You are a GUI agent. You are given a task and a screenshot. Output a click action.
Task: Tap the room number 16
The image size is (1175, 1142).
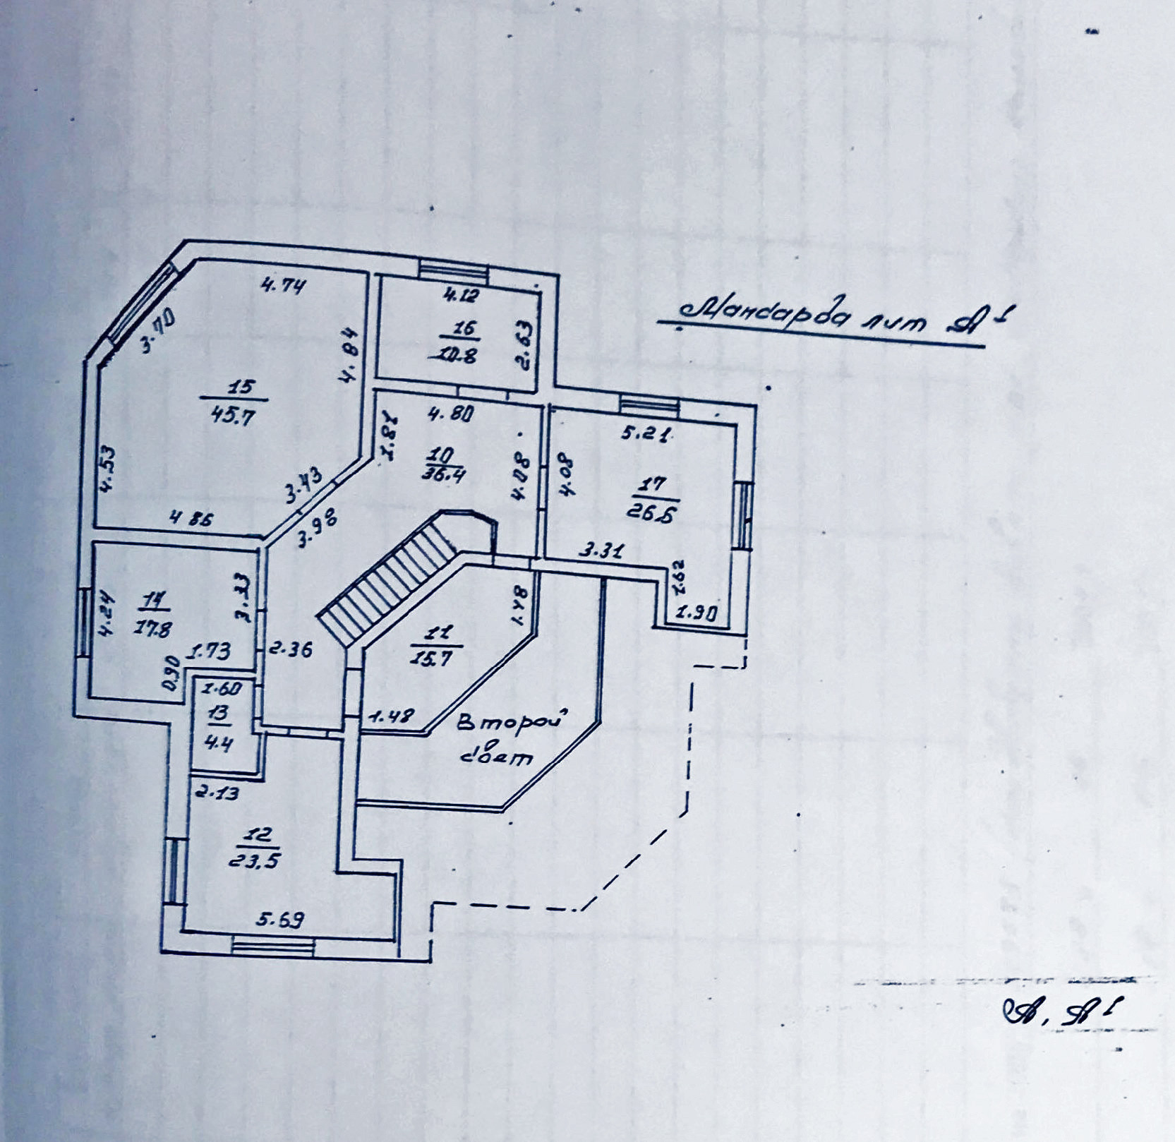[466, 328]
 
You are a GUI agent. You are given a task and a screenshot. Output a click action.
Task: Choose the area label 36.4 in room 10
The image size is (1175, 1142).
[442, 474]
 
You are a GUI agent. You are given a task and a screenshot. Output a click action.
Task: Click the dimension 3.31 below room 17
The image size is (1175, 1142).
[601, 550]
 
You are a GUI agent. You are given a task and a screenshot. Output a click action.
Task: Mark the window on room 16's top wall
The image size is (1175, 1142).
[452, 268]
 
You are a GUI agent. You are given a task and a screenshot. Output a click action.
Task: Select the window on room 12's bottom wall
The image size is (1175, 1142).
[273, 945]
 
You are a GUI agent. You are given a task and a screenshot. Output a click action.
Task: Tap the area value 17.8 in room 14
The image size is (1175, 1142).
[152, 628]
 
